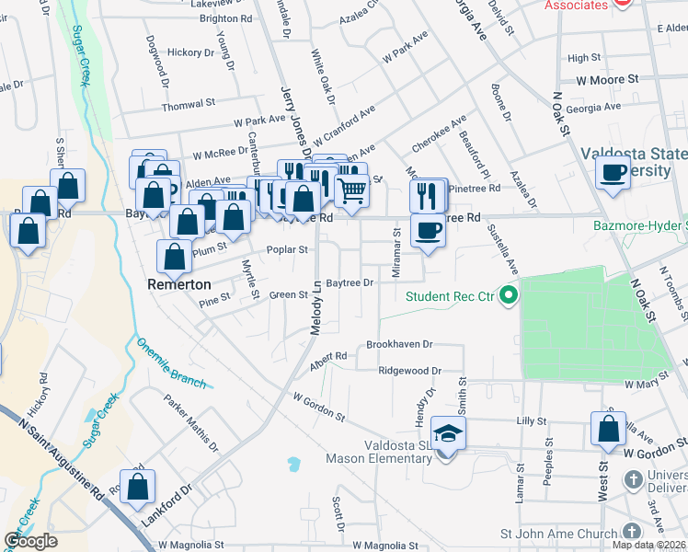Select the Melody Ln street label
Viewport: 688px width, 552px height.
click(315, 308)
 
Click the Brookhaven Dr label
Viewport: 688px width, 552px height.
click(399, 343)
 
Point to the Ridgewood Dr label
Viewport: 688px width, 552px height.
click(410, 371)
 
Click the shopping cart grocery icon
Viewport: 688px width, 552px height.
click(351, 190)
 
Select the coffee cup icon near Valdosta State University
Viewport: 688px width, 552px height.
click(613, 171)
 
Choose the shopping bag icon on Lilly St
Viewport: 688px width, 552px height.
click(608, 430)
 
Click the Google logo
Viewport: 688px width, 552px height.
click(30, 541)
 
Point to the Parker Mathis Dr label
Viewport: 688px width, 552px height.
click(191, 423)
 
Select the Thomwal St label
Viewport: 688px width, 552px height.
click(188, 105)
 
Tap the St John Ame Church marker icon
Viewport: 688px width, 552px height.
click(632, 531)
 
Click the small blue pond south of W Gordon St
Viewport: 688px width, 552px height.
click(293, 463)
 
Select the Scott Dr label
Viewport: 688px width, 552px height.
click(338, 515)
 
